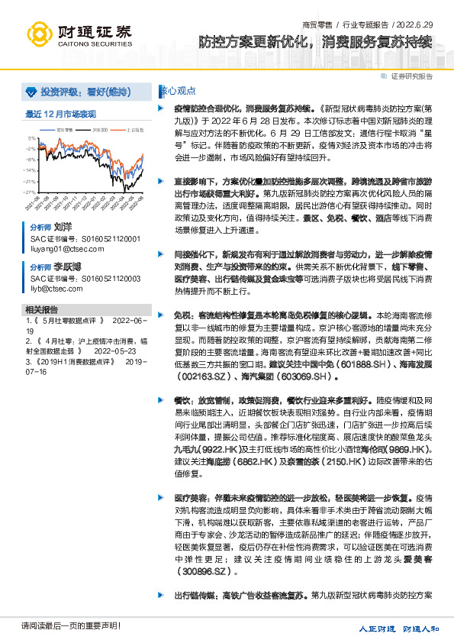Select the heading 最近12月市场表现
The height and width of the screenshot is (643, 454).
pyautogui.click(x=61, y=115)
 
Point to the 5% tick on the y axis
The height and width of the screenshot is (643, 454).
pyautogui.click(x=31, y=138)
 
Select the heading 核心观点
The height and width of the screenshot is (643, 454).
pyautogui.click(x=172, y=90)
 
